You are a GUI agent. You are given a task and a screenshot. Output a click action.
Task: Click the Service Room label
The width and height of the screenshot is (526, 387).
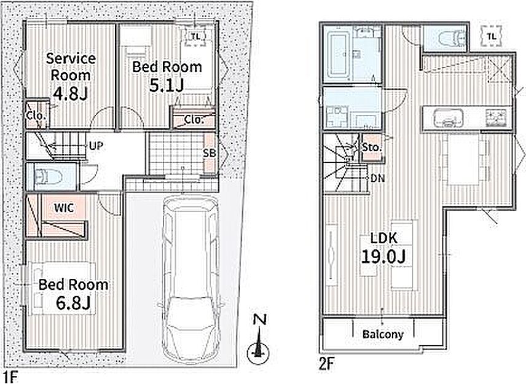click(x=71, y=67)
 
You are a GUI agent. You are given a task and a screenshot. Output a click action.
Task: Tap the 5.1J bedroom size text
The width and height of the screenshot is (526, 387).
click(x=167, y=86)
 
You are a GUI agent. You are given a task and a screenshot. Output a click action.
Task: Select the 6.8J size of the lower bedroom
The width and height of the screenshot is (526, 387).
click(x=74, y=303)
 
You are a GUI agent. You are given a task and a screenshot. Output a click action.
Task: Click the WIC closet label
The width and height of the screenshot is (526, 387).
click(x=64, y=208)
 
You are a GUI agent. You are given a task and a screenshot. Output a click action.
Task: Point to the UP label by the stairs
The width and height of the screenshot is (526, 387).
click(x=96, y=146)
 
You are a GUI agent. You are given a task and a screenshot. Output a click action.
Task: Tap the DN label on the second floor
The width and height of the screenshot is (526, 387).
click(x=378, y=178)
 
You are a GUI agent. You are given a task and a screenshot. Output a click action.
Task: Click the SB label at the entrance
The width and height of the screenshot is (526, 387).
click(x=210, y=153)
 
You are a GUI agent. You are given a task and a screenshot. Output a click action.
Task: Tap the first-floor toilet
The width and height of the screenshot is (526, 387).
click(x=49, y=177)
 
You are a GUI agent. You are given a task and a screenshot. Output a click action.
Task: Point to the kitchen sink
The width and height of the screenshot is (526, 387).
click(x=448, y=118)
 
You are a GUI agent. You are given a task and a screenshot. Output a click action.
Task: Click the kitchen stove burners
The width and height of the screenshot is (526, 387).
click(x=496, y=117)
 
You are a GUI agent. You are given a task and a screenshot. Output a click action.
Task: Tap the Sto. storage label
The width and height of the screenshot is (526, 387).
click(x=372, y=147)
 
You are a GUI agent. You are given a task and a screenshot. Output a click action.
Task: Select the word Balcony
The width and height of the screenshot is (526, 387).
click(x=383, y=334)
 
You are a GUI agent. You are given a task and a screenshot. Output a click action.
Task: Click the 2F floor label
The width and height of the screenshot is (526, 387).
click(x=327, y=364)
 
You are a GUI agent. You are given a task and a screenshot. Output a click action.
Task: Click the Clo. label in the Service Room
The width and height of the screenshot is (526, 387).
click(x=35, y=116)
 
